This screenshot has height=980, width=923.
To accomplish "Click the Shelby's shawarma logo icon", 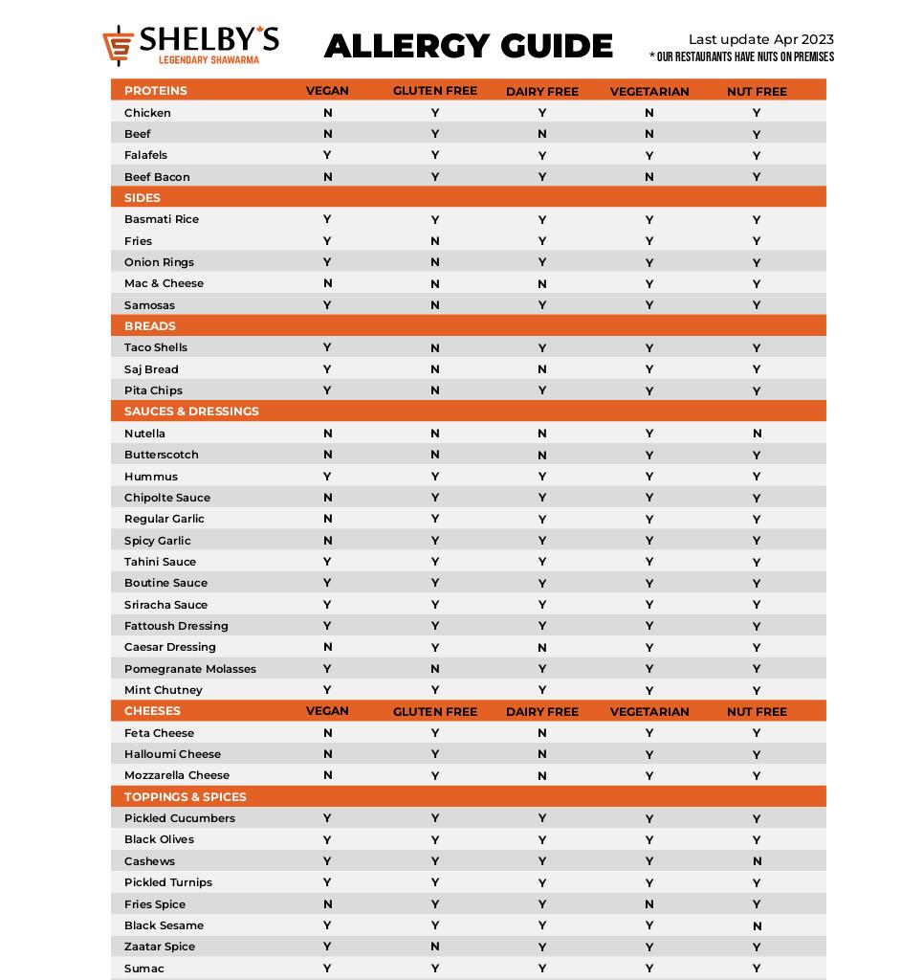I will (x=119, y=46).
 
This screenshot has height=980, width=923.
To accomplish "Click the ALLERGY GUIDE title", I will (x=468, y=46).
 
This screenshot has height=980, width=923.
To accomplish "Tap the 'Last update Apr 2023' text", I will (x=760, y=39).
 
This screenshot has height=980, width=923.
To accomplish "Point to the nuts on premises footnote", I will (x=741, y=57).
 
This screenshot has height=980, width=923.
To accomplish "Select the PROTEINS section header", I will (x=155, y=91).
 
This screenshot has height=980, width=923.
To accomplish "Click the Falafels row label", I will (x=145, y=155).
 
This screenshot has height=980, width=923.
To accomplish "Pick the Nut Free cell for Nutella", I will (x=757, y=434).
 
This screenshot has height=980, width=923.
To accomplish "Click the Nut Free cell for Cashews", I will (x=757, y=861).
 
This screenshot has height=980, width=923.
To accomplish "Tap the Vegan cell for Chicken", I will (x=327, y=113).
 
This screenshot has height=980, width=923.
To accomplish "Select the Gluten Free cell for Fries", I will (x=434, y=241).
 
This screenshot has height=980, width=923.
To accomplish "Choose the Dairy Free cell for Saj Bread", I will (x=542, y=369).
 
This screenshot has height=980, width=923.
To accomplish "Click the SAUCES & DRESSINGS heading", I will (x=191, y=412).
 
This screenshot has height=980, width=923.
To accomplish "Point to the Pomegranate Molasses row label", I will (x=189, y=669).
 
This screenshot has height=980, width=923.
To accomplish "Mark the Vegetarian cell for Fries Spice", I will (x=649, y=904).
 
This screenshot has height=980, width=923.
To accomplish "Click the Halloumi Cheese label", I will (x=172, y=754).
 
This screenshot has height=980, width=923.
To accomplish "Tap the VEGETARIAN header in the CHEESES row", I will (x=649, y=712).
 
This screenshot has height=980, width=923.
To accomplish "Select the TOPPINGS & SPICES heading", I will (x=185, y=797).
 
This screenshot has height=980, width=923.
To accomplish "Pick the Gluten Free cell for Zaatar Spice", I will (x=434, y=947).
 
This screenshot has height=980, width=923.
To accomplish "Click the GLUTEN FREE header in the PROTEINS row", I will (x=434, y=92).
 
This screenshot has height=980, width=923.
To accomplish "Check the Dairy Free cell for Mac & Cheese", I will (x=542, y=284).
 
